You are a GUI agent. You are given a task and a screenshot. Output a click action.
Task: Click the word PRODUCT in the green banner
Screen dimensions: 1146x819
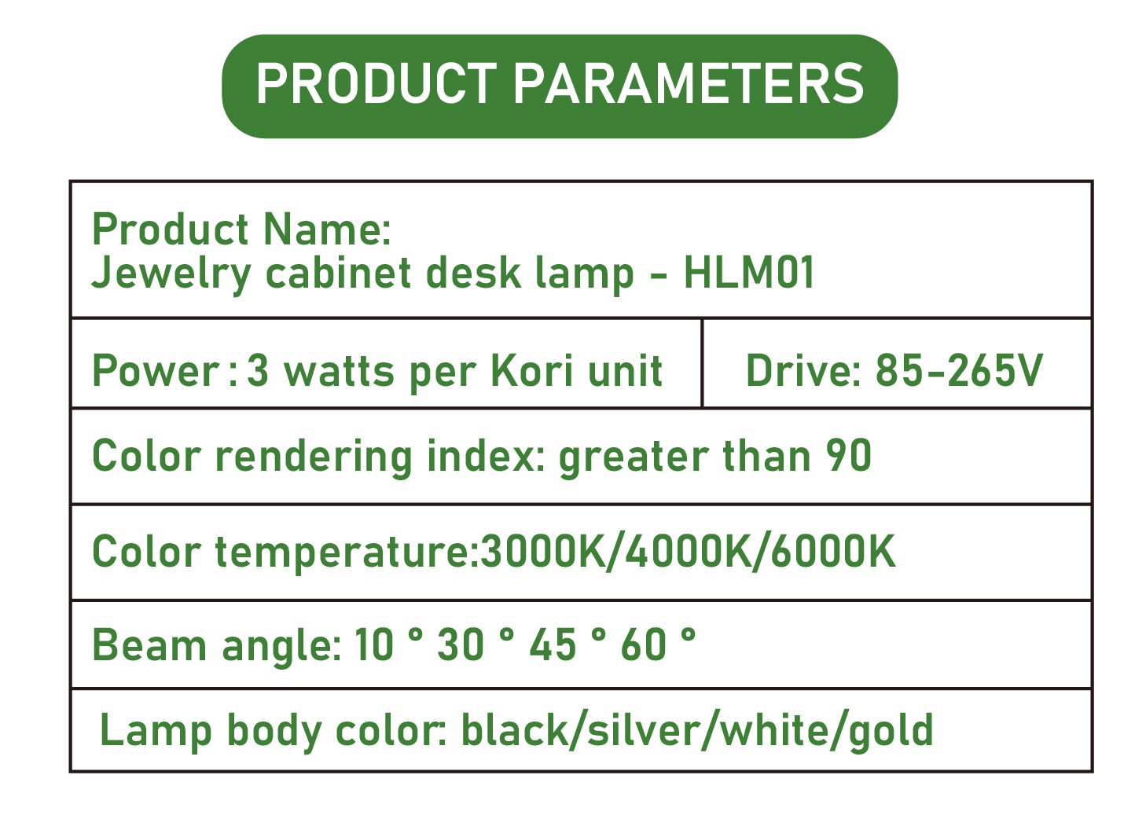click(x=376, y=83)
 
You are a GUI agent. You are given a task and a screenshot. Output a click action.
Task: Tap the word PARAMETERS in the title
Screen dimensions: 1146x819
click(x=688, y=83)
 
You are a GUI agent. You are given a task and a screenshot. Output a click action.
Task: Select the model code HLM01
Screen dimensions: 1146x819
click(x=748, y=273)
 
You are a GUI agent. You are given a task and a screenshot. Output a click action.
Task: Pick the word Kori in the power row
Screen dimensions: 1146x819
click(x=531, y=370)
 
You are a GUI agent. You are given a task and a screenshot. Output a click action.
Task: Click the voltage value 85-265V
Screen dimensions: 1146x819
click(x=959, y=370)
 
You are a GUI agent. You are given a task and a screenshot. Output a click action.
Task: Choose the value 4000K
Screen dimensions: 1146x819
click(x=689, y=551)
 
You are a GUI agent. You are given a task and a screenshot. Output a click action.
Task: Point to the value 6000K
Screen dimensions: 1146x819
click(x=833, y=551)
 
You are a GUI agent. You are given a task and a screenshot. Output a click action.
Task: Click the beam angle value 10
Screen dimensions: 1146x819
click(x=374, y=645)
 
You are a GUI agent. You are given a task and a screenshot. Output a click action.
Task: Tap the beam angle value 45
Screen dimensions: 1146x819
click(x=553, y=645)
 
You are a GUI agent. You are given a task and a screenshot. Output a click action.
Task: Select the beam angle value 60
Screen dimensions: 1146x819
click(x=644, y=645)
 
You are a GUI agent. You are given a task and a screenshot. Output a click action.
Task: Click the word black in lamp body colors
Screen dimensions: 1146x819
click(x=515, y=729)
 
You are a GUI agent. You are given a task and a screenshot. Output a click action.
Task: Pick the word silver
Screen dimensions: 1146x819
click(x=645, y=729)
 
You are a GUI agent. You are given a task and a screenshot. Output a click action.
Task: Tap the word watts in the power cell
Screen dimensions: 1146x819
click(x=340, y=372)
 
